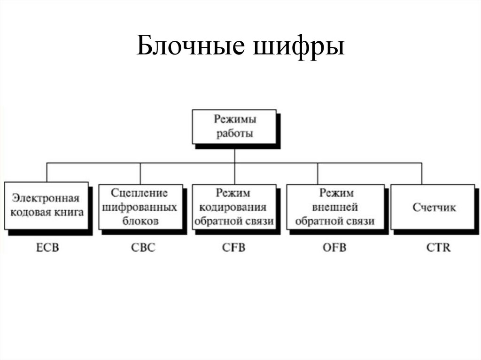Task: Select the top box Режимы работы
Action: pyautogui.click(x=234, y=127)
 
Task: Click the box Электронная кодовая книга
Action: pyautogui.click(x=46, y=206)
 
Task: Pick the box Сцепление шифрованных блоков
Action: pyautogui.click(x=140, y=206)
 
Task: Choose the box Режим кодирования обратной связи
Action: pyautogui.click(x=234, y=207)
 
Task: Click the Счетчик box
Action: pyautogui.click(x=434, y=207)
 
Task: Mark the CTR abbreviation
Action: pyautogui.click(x=436, y=247)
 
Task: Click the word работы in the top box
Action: pyautogui.click(x=234, y=133)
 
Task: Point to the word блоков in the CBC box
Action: pyautogui.click(x=140, y=220)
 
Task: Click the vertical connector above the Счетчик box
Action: pyautogui.click(x=422, y=173)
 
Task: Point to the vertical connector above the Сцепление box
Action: pyautogui.click(x=140, y=173)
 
